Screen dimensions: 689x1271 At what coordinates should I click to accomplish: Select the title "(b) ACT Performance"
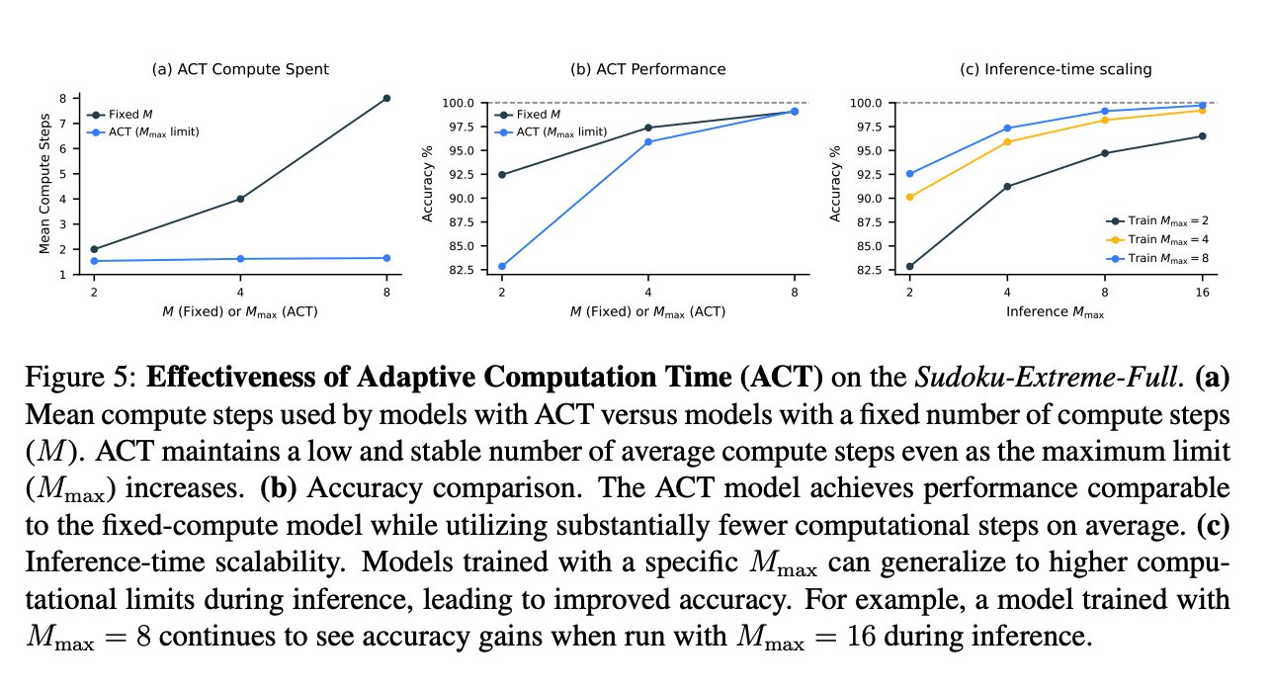(648, 69)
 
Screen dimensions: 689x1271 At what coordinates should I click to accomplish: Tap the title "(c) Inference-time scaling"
(1058, 69)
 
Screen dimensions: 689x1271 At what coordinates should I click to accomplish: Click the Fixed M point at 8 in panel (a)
(385, 98)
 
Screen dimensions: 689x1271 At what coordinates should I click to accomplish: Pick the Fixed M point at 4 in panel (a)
(239, 199)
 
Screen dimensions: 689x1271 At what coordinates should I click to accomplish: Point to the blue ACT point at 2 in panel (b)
(502, 266)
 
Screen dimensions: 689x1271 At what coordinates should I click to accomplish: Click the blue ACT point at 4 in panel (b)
(648, 141)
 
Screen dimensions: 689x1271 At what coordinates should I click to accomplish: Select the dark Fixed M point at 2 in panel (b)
(502, 174)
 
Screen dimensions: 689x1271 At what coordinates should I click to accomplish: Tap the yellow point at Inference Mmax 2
(909, 197)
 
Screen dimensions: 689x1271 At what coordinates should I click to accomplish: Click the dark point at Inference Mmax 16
(1202, 135)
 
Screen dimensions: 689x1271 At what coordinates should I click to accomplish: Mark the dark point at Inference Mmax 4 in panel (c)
(1007, 186)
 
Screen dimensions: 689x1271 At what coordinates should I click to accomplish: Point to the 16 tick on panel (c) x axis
(1202, 293)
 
